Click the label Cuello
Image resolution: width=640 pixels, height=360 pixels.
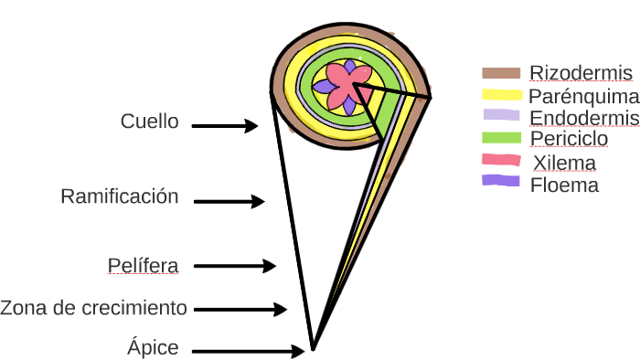click(x=150, y=122)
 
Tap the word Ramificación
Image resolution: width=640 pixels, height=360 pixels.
click(x=119, y=196)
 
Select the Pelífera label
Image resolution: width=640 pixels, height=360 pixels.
click(x=143, y=266)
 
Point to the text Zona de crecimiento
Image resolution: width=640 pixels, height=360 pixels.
click(x=93, y=308)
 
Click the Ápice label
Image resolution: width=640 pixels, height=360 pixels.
click(x=153, y=348)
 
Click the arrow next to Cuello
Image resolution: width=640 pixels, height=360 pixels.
click(x=226, y=126)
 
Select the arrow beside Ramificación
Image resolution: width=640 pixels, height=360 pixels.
click(x=229, y=201)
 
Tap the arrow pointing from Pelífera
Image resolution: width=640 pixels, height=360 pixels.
click(x=235, y=267)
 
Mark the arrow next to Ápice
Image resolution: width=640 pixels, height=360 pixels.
click(x=250, y=351)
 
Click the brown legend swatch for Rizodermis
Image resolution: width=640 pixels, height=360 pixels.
click(x=501, y=73)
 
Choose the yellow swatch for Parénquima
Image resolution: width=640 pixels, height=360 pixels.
click(x=501, y=94)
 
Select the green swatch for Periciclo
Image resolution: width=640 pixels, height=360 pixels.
click(x=501, y=138)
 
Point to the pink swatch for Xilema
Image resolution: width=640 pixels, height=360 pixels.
click(x=501, y=160)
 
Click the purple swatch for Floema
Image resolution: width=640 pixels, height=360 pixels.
click(x=501, y=181)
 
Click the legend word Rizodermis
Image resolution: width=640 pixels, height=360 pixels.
click(x=581, y=73)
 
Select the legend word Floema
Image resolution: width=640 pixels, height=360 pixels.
click(x=564, y=185)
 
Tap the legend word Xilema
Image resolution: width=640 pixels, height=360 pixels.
click(x=563, y=164)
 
